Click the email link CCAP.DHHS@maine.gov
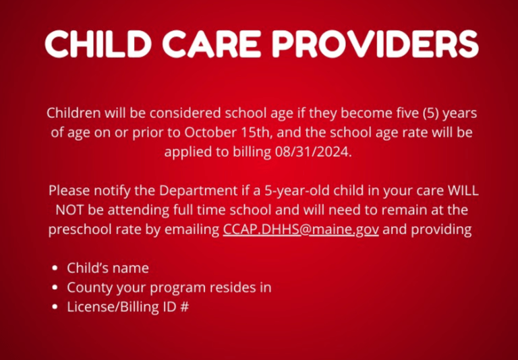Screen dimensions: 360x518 point(300,229)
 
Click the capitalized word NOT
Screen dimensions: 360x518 point(69,210)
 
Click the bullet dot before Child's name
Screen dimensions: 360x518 point(55,268)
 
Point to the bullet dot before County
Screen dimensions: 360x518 point(55,288)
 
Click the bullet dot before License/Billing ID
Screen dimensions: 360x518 point(55,307)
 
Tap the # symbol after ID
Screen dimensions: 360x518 point(184,307)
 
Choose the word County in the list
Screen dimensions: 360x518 point(88,288)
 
